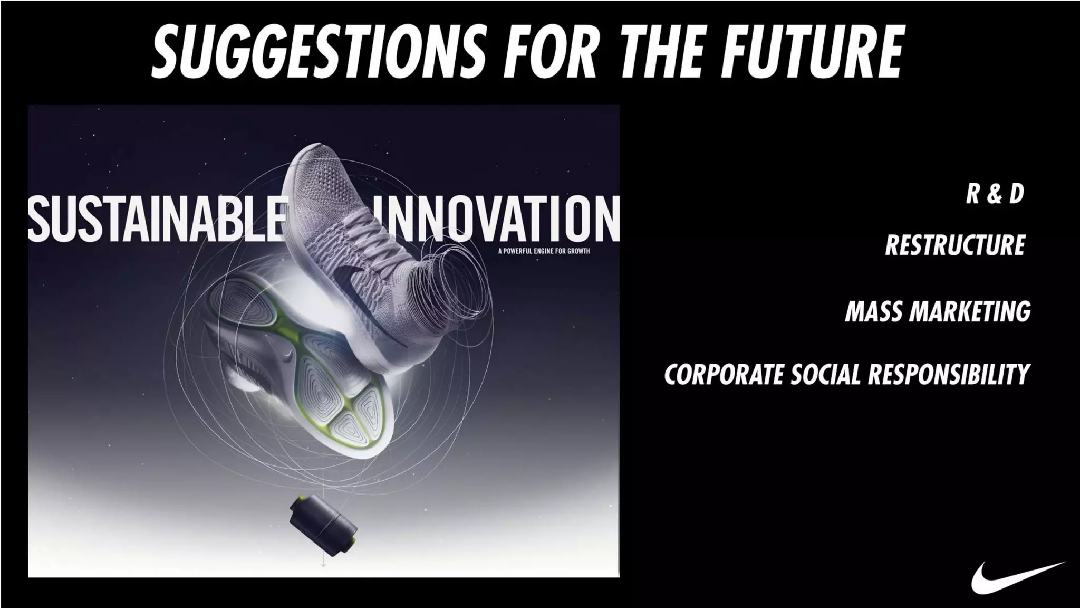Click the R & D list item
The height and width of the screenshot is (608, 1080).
tap(995, 193)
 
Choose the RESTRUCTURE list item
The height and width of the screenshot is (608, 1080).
tap(955, 245)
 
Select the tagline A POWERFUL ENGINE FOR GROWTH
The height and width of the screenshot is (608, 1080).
tap(544, 251)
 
